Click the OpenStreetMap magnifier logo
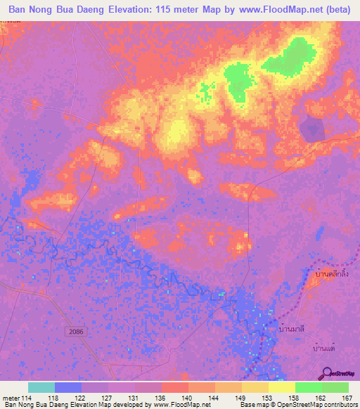(x=328, y=374)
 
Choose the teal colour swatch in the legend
(x=41, y=387)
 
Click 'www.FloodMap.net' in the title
(x=262, y=11)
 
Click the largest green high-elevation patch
(x=292, y=58)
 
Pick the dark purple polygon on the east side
(x=311, y=128)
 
